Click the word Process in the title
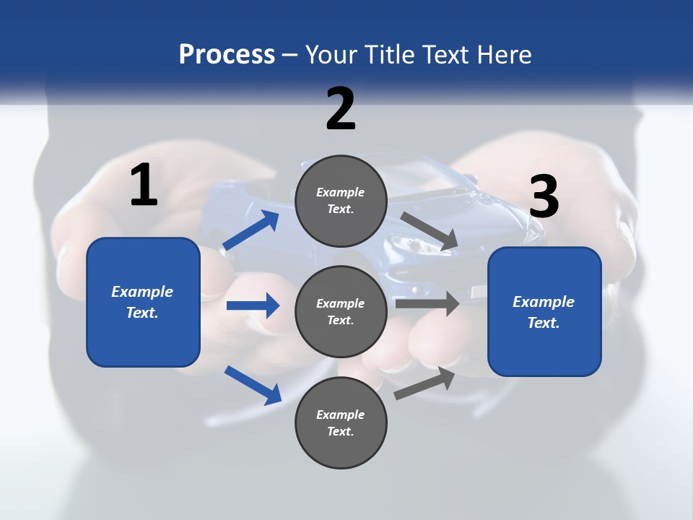coord(227,55)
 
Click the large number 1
coord(144,186)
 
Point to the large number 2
coord(341,109)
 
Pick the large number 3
coord(544,196)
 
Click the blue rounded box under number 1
coord(143,302)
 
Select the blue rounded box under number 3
coord(544,312)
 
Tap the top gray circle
coord(341,201)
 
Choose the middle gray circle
coord(341,311)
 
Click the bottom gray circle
coord(341,422)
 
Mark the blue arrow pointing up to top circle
coord(251,231)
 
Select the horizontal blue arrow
coord(253,305)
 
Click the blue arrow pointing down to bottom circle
coord(253,385)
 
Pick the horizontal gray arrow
coord(427,303)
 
